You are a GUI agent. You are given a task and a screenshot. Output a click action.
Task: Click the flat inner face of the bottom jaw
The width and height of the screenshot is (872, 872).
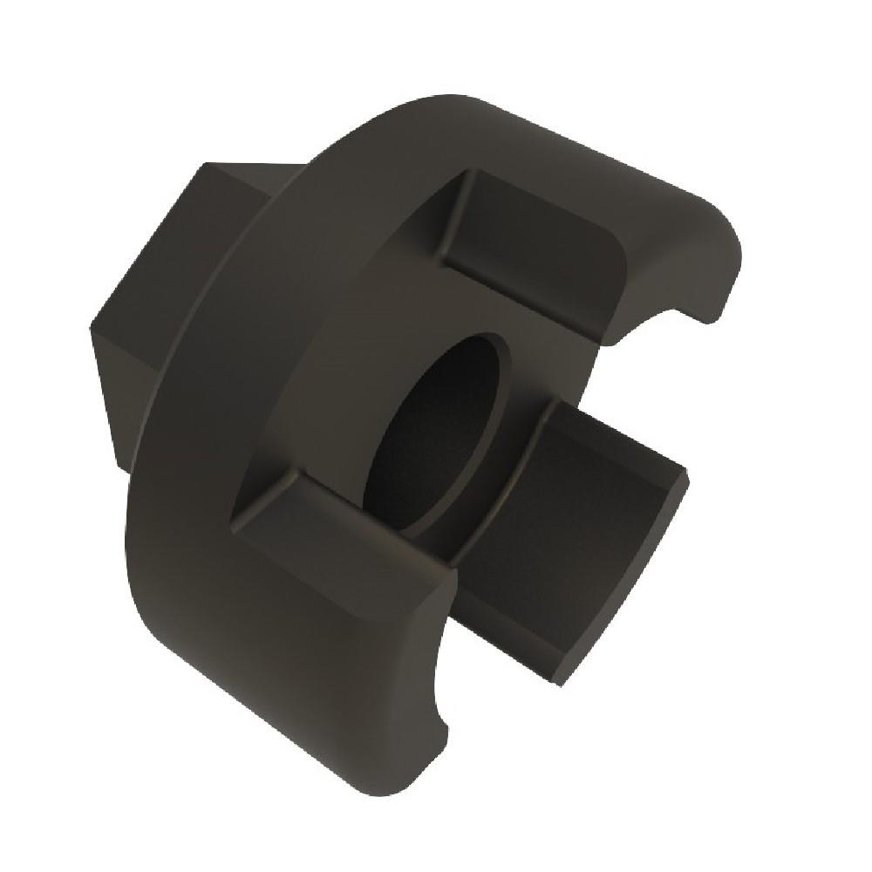click(x=340, y=532)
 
